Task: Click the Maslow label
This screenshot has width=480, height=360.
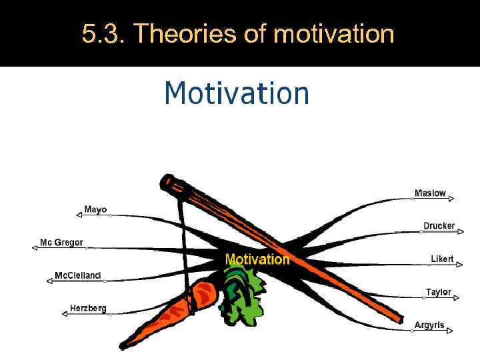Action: (430, 193)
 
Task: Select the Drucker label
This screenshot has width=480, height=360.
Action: (439, 226)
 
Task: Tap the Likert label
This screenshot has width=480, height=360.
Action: (442, 259)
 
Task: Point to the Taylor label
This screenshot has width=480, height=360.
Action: (438, 292)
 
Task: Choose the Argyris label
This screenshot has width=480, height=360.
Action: (429, 325)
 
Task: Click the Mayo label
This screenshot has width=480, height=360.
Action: (95, 209)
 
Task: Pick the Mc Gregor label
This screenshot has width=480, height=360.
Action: (61, 243)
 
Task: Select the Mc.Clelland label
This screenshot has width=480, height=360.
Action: (77, 275)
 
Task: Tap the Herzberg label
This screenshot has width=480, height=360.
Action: (88, 308)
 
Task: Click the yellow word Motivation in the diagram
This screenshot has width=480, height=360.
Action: (257, 259)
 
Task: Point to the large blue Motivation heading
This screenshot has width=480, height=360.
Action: (237, 93)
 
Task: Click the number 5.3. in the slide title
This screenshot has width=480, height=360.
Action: (103, 33)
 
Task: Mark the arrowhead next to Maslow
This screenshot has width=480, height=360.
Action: (451, 199)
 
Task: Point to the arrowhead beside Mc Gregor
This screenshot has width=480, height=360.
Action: (35, 247)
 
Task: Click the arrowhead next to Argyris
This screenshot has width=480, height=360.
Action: (449, 330)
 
